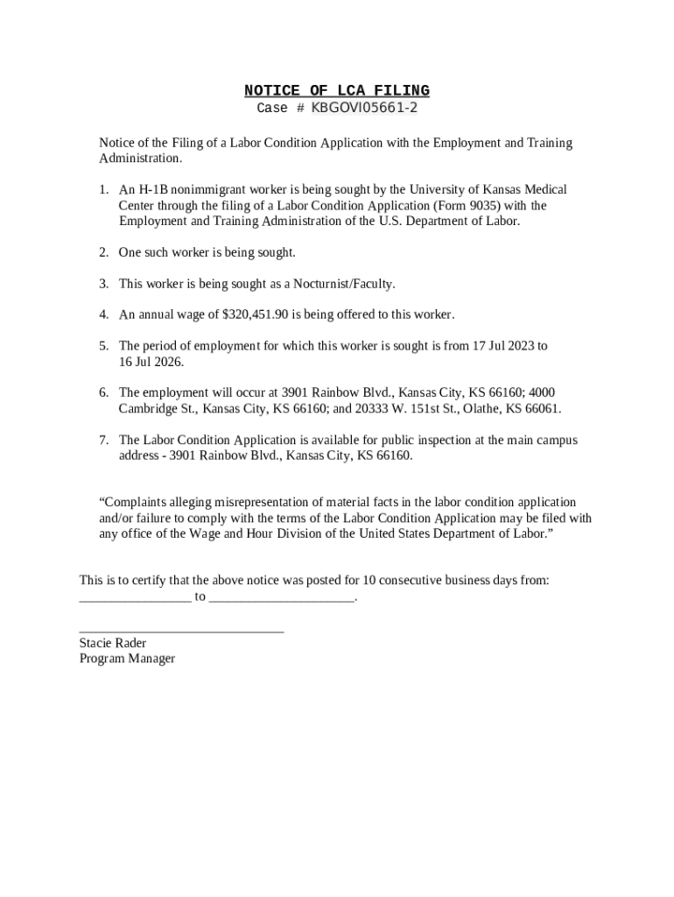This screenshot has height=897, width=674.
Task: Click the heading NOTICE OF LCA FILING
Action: (336, 91)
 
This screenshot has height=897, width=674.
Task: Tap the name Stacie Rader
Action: (113, 643)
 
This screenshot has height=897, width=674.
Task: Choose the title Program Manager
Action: (127, 659)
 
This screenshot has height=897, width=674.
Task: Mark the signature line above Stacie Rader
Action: (181, 630)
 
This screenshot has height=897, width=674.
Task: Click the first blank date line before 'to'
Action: (135, 599)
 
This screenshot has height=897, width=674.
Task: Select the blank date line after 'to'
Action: (282, 599)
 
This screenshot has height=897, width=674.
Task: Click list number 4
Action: (103, 314)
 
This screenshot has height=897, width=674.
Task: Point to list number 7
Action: (103, 441)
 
